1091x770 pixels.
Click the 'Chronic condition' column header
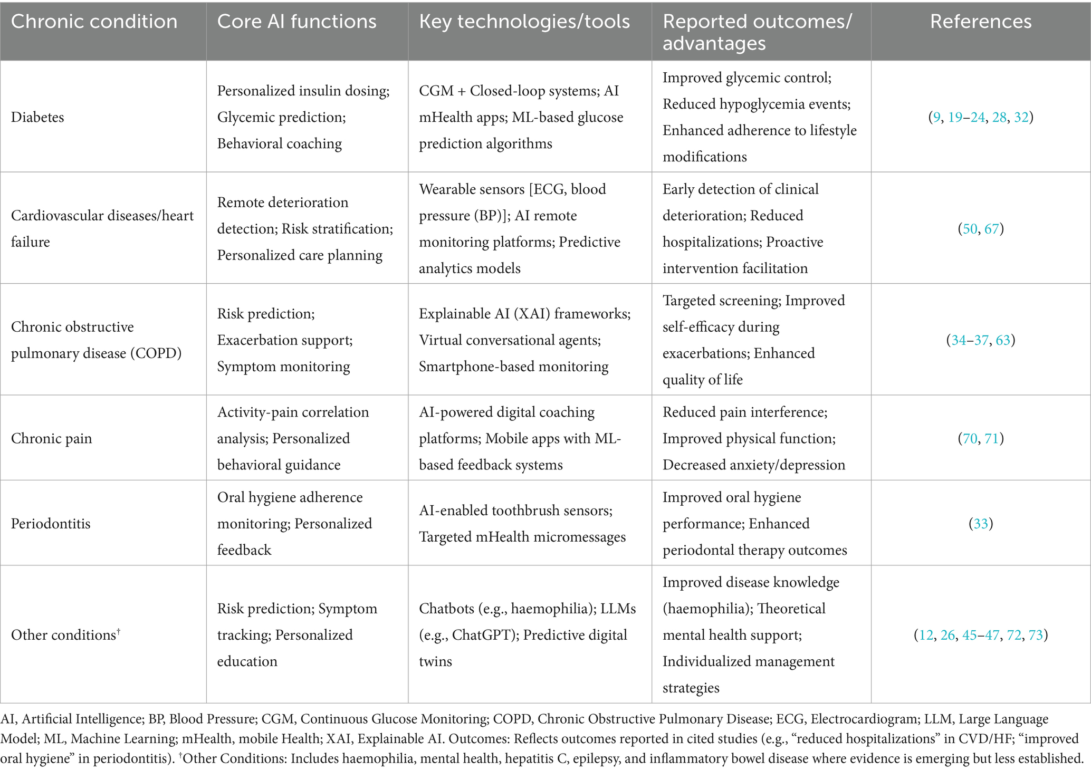pyautogui.click(x=94, y=22)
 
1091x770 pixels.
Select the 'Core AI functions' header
pyautogui.click(x=296, y=22)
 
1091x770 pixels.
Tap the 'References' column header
pyautogui.click(x=980, y=22)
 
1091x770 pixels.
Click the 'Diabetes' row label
pyautogui.click(x=37, y=117)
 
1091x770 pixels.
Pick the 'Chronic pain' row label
pyautogui.click(x=51, y=438)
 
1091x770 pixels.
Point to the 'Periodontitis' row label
pyautogui.click(x=51, y=524)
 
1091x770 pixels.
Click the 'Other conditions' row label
pyautogui.click(x=63, y=635)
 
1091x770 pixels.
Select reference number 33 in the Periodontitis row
pyautogui.click(x=981, y=524)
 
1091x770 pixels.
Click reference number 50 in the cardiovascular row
pyautogui.click(x=970, y=229)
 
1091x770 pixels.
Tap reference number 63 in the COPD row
pyautogui.click(x=1003, y=340)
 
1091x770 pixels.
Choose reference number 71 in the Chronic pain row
pyautogui.click(x=991, y=438)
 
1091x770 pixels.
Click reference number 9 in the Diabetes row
pyautogui.click(x=936, y=117)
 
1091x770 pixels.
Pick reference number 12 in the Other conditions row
pyautogui.click(x=926, y=635)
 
